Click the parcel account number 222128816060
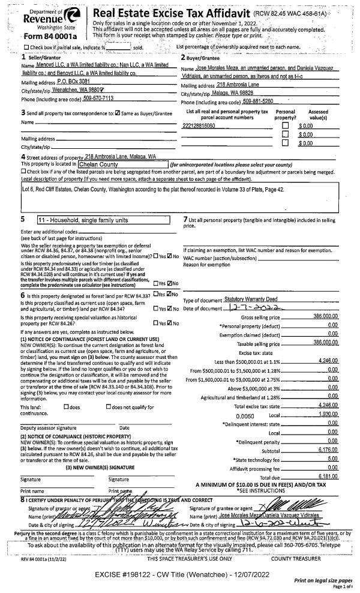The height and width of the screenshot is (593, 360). click(x=202, y=124)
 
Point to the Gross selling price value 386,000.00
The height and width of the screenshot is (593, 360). click(x=326, y=316)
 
